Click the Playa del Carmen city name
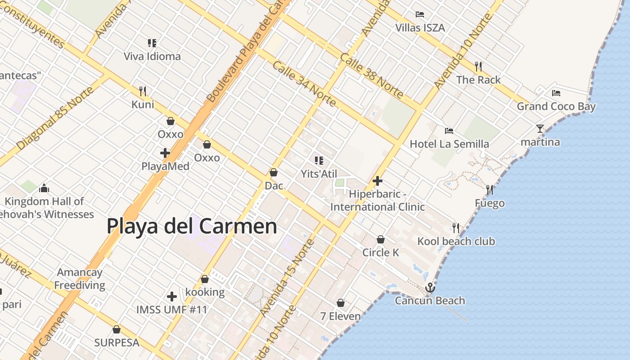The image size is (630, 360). tap(192, 226)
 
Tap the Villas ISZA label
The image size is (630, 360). tap(420, 28)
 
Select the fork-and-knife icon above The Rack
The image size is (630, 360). tap(478, 67)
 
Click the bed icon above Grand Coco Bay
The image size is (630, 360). tap(556, 93)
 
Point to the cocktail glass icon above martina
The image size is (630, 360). tap(540, 129)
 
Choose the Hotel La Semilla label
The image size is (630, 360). tap(449, 144)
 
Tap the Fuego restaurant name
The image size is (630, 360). tap(490, 203)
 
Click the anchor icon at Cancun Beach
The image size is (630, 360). tap(430, 287)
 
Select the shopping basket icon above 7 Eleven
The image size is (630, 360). tap(341, 303)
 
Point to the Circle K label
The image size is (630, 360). tap(381, 252)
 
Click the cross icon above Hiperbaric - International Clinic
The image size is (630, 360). tap(378, 181)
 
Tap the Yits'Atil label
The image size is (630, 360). tap(319, 174)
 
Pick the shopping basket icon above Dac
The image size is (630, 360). tap(273, 172)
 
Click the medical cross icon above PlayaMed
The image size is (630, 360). tap(165, 153)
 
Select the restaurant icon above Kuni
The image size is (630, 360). tap(143, 91)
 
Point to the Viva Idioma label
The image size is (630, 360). tap(152, 57)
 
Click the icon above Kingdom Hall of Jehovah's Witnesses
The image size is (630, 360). tap(44, 188)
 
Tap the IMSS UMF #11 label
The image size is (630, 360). tap(172, 310)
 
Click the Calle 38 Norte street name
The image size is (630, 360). tap(371, 76)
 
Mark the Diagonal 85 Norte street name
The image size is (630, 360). tap(55, 118)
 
